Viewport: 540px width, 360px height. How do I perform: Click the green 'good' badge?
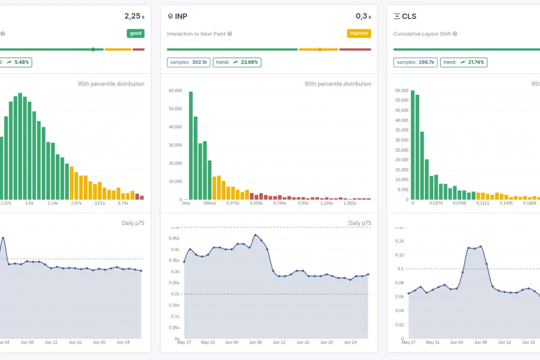[135, 33]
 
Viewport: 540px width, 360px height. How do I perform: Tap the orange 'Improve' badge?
[359, 33]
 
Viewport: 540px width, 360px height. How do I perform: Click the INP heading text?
[181, 16]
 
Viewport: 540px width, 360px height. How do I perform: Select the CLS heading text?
[409, 16]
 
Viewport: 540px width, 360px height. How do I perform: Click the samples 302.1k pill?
[188, 62]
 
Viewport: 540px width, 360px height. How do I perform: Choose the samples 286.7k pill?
[415, 62]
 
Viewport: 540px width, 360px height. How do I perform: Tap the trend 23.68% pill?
[237, 62]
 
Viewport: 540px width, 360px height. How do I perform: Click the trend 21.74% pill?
[463, 62]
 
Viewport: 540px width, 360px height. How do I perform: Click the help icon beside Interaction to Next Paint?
[229, 34]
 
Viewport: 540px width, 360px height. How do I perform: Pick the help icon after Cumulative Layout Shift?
[455, 34]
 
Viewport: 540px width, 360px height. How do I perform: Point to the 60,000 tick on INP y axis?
[175, 90]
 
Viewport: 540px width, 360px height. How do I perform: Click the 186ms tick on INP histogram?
[209, 203]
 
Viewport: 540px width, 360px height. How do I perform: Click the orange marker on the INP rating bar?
[320, 49]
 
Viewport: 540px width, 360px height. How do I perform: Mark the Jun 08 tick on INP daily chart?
[255, 342]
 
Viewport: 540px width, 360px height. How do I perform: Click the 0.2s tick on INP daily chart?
[175, 294]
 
